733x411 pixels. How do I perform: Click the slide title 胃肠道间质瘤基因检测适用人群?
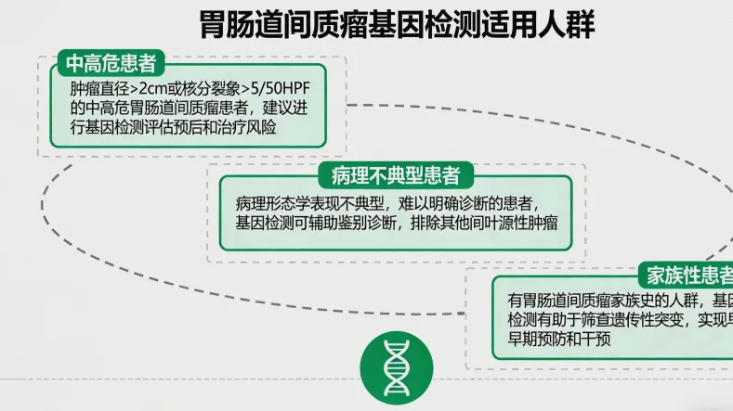398,25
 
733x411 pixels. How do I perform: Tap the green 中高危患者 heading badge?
110,63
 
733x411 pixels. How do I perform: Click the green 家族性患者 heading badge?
686,276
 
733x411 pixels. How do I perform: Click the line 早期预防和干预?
557,340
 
